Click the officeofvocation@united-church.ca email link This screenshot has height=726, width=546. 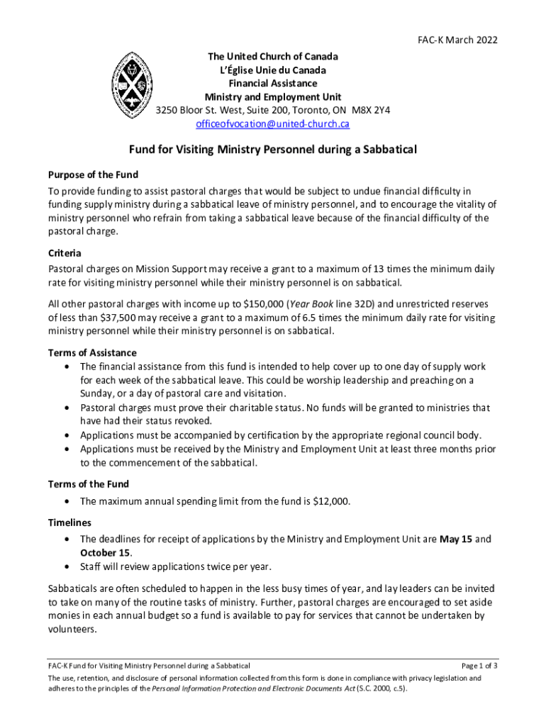click(273, 124)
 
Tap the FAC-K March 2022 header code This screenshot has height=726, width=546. click(458, 40)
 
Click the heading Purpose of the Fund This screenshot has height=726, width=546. click(93, 174)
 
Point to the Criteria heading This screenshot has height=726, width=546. click(65, 253)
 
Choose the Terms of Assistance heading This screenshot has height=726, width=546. click(92, 352)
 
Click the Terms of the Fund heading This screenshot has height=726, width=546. click(88, 484)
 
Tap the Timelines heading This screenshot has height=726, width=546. click(70, 522)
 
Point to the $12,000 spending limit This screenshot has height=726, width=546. click(331, 501)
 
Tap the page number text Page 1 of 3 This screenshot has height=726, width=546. click(479, 666)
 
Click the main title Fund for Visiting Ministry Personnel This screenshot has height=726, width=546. click(272, 150)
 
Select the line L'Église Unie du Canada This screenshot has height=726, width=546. click(273, 70)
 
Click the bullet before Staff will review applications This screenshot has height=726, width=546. click(67, 566)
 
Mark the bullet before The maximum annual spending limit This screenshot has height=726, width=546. click(67, 501)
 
